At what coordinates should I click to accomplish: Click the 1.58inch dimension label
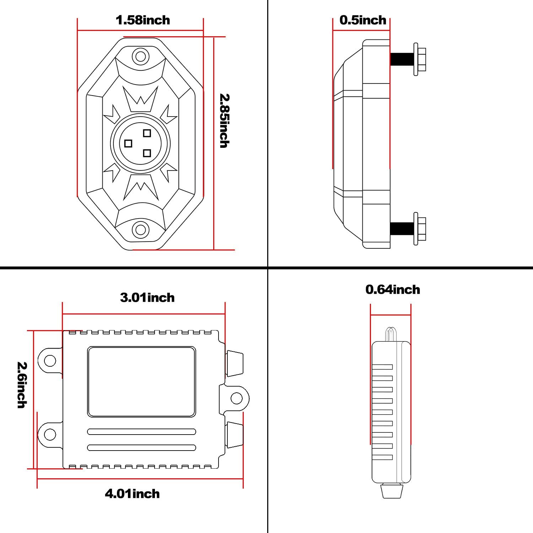pos(143,20)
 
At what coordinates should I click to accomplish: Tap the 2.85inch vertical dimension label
pos(224,120)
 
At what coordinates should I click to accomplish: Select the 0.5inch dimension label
pos(363,20)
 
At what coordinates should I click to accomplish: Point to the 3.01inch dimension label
pos(147,297)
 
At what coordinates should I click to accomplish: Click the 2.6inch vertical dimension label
pos(22,385)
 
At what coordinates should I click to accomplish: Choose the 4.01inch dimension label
pos(132,494)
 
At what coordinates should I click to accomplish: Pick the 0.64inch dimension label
pos(393,290)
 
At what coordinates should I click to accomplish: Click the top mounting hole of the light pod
pos(140,56)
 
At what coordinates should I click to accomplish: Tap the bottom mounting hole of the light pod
pos(140,230)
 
